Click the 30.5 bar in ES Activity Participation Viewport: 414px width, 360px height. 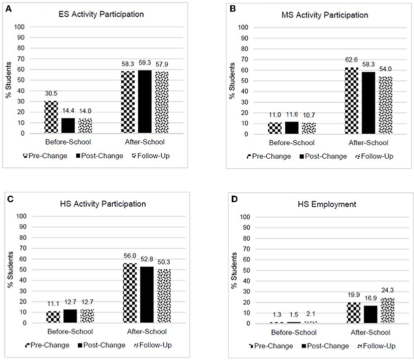coord(51,117)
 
